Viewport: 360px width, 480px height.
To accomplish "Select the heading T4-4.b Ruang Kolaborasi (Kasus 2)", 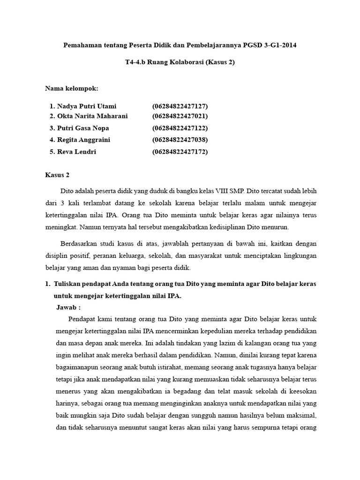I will (x=180, y=63).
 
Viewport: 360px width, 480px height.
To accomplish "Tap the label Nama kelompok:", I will (x=71, y=88).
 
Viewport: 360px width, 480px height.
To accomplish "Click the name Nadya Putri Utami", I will (x=87, y=106).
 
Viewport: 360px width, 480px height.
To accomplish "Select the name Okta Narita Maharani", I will (x=92, y=116).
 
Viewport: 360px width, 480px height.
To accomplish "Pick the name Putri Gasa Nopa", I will (x=83, y=128).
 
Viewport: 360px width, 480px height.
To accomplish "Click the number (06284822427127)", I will (x=180, y=106).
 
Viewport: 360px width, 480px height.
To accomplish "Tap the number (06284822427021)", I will (x=180, y=116).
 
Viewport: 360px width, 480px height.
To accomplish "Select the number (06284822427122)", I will (x=180, y=128).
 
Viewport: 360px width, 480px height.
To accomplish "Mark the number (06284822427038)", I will (x=180, y=140).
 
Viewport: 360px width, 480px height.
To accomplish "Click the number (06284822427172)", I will (x=180, y=152).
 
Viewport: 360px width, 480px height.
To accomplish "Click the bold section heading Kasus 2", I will (x=57, y=175).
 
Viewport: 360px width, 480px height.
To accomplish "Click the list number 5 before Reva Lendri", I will (x=52, y=152).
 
